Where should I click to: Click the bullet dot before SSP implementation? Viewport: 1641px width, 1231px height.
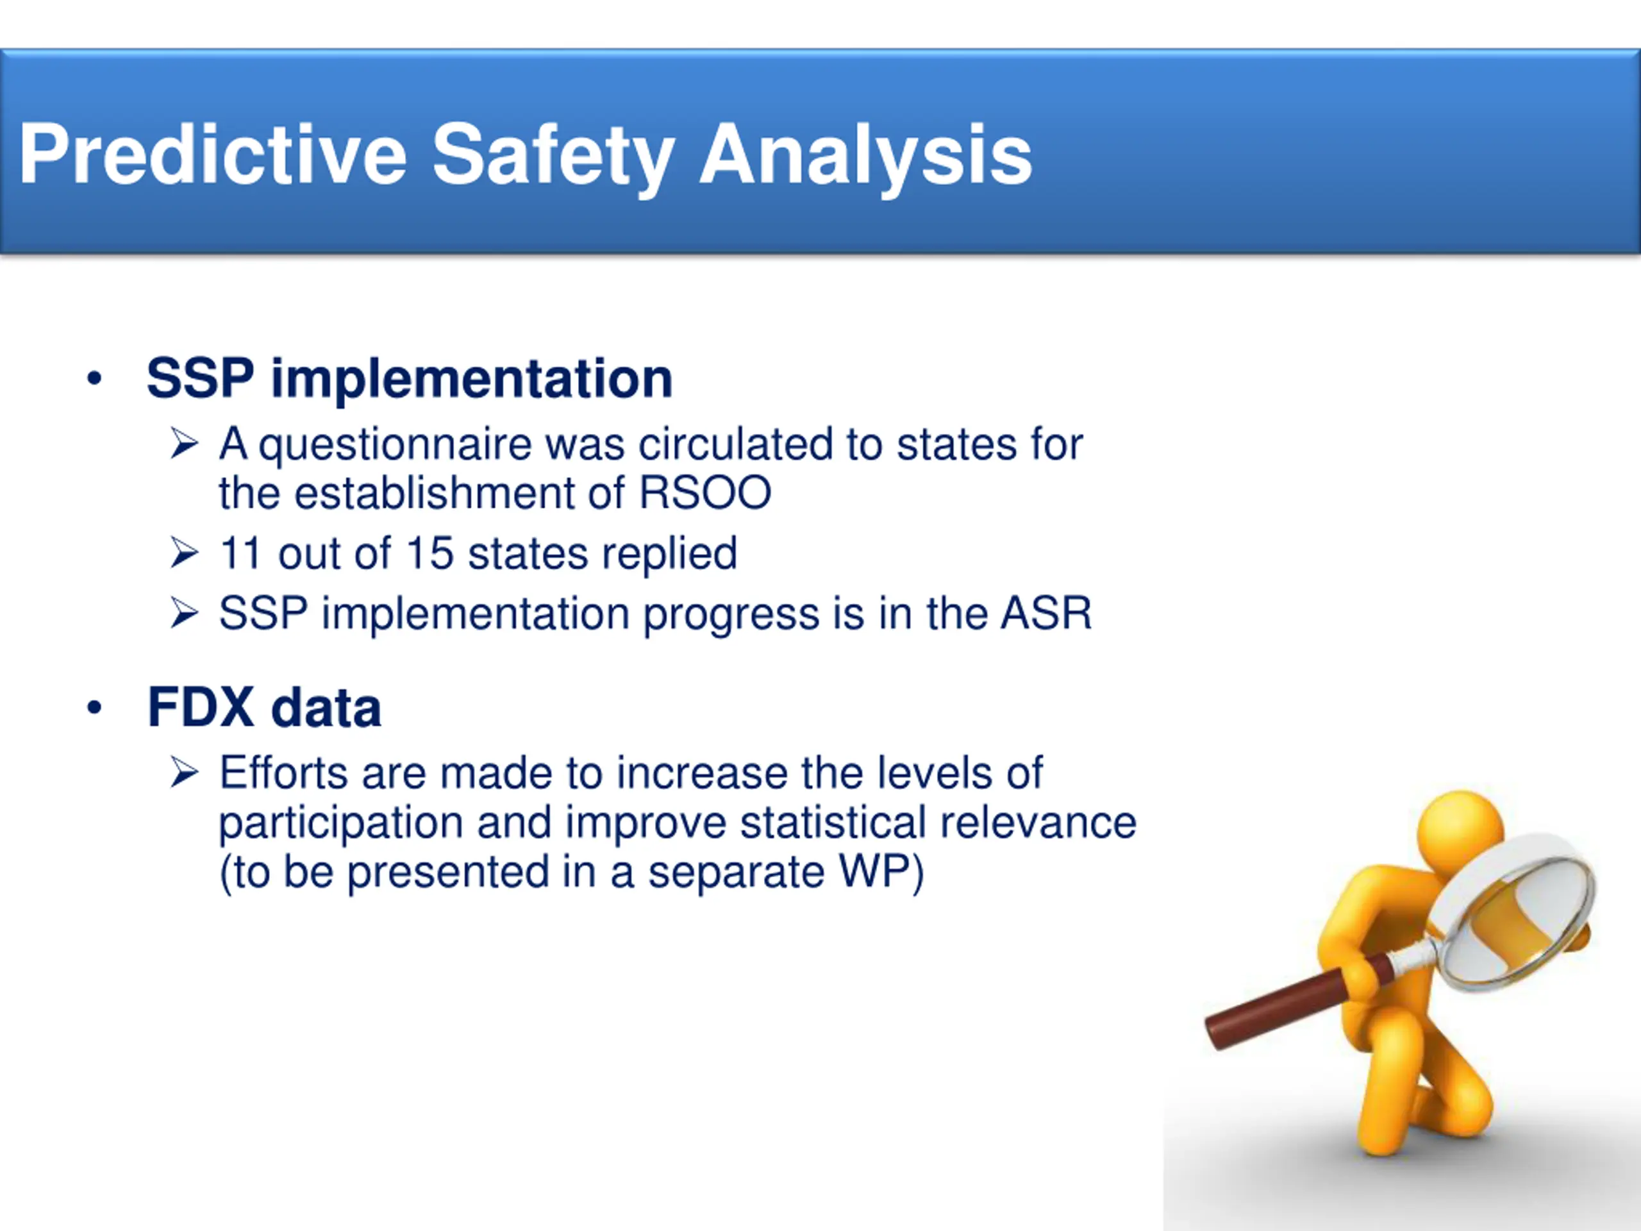(94, 379)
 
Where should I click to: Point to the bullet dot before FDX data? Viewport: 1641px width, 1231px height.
(94, 708)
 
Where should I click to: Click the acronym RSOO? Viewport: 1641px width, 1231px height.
(704, 492)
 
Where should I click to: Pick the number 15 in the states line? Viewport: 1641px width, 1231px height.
(429, 553)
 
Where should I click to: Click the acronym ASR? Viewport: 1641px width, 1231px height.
(1046, 613)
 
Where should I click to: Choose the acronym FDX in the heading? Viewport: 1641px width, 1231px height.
(201, 707)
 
